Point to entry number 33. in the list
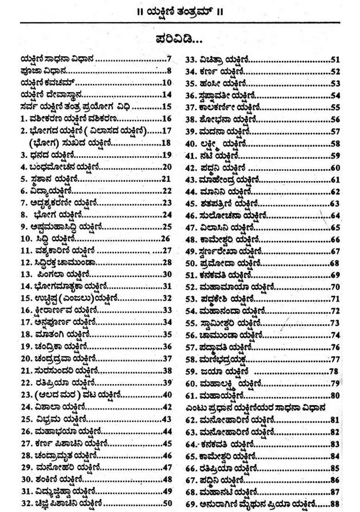coord(192,60)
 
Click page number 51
coord(335,60)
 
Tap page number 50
coord(167,503)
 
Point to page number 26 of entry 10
coord(166,239)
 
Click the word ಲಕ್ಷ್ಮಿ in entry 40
coord(212,143)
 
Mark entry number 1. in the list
coord(24,119)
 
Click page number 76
coord(335,347)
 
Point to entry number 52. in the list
coord(192,287)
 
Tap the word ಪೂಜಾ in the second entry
coord(29,71)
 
